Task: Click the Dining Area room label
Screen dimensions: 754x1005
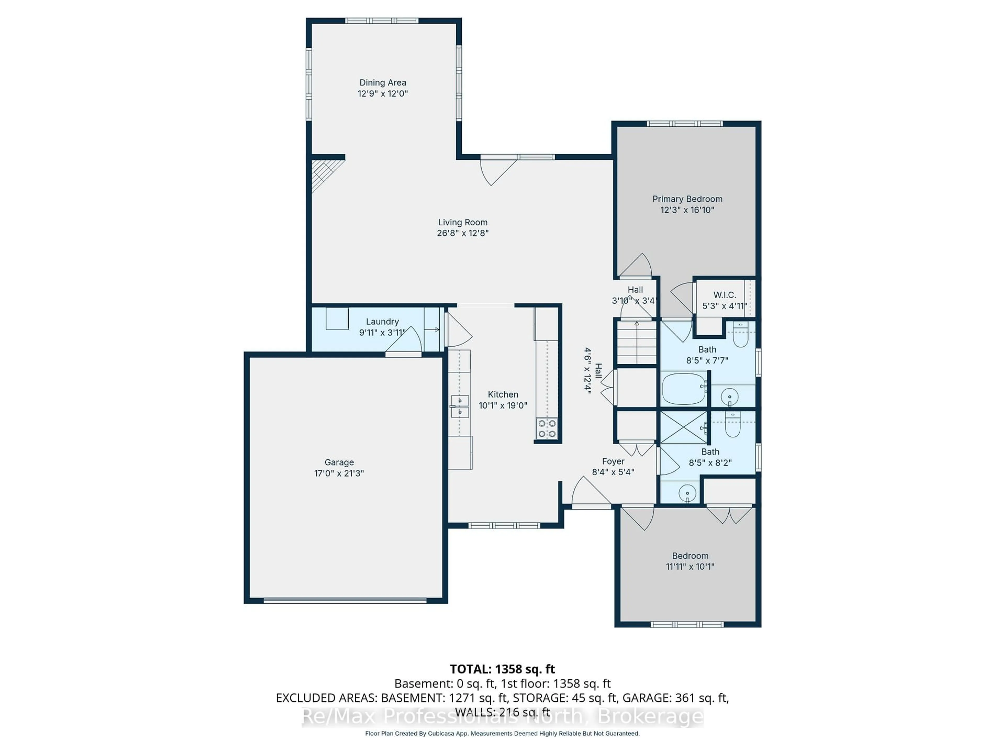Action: pos(383,83)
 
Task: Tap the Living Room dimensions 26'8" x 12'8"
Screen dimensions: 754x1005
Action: pos(462,233)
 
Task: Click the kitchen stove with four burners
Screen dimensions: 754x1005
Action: pos(547,429)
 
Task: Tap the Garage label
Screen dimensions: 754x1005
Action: pos(339,462)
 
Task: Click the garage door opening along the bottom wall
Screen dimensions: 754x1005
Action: pos(345,600)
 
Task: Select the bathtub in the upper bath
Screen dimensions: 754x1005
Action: pos(683,389)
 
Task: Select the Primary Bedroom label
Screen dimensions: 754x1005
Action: pos(687,199)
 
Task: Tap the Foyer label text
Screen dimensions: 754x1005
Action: pos(613,461)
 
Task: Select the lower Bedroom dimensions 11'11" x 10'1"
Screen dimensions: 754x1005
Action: pos(690,567)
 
